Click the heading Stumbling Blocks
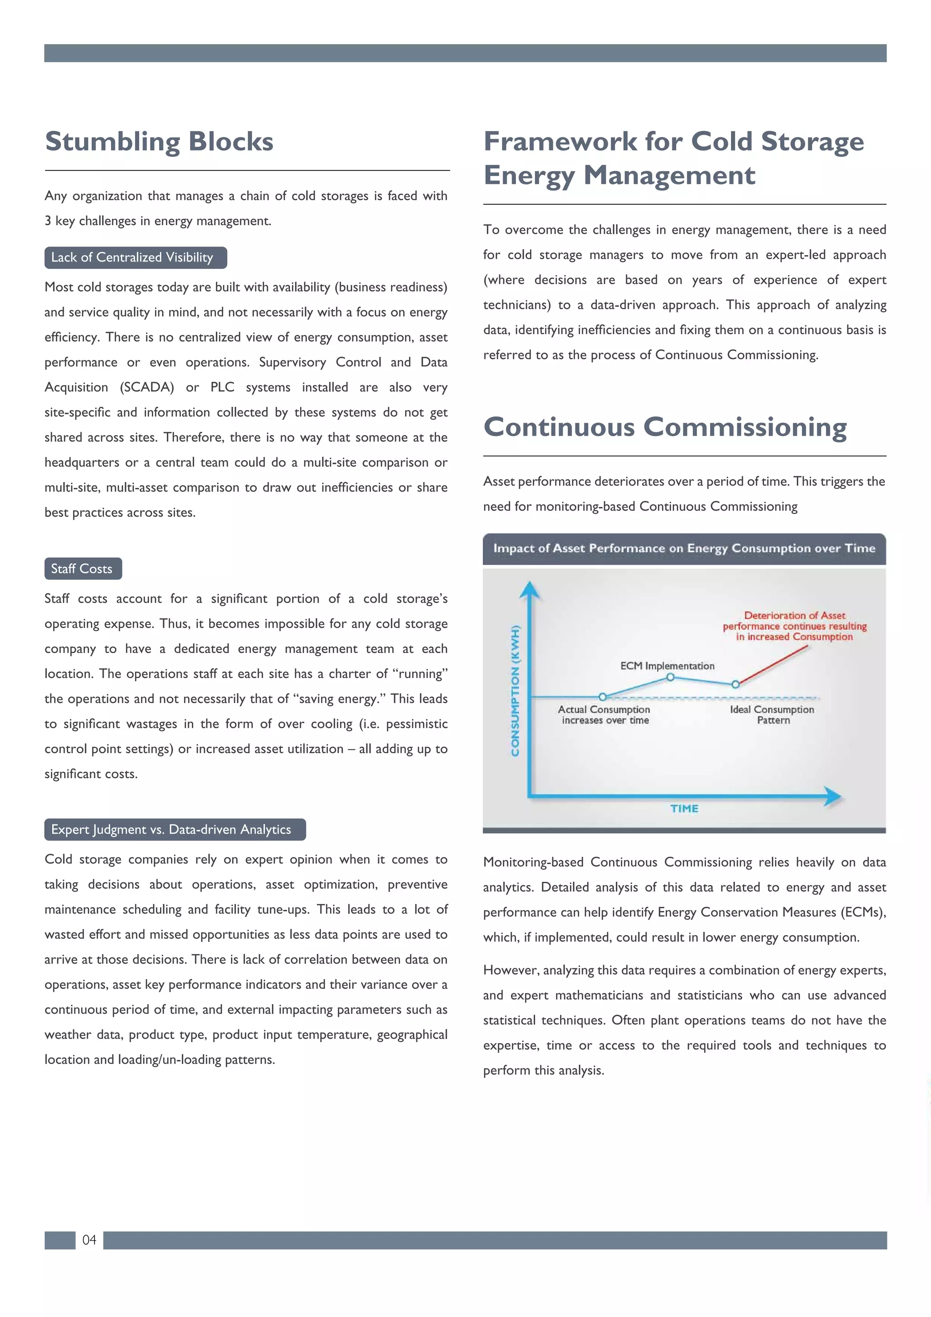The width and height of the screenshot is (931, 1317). click(x=159, y=142)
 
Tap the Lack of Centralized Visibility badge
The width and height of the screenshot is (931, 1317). click(x=135, y=257)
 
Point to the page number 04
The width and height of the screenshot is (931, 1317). click(x=89, y=1240)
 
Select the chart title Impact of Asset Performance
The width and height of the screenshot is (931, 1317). click(x=684, y=548)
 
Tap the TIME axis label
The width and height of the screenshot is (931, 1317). click(x=684, y=809)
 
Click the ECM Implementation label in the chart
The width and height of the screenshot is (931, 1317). click(x=667, y=666)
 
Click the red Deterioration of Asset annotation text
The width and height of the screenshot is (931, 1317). click(x=794, y=626)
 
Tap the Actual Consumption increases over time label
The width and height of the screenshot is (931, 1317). click(x=604, y=715)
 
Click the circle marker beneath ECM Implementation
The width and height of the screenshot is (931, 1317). click(x=670, y=678)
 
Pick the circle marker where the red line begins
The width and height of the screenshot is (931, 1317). click(x=736, y=684)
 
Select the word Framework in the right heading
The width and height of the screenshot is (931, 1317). click(x=560, y=142)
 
